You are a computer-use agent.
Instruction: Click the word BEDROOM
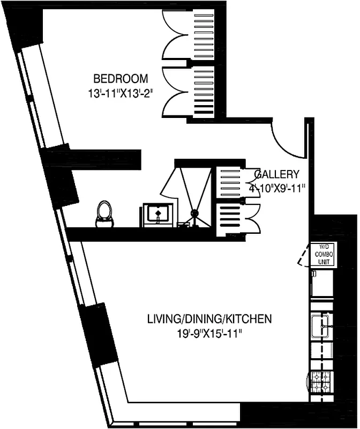pyautogui.click(x=121, y=79)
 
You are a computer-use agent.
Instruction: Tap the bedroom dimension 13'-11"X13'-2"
pyautogui.click(x=121, y=93)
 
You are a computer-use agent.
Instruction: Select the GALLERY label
pyautogui.click(x=276, y=174)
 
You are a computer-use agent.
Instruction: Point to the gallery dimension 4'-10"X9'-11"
pyautogui.click(x=276, y=188)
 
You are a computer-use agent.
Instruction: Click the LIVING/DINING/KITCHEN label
pyautogui.click(x=209, y=320)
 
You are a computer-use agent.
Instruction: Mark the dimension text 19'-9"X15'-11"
pyautogui.click(x=209, y=334)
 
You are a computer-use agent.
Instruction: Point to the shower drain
pyautogui.click(x=195, y=214)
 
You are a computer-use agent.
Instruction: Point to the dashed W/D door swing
pyautogui.click(x=304, y=256)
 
